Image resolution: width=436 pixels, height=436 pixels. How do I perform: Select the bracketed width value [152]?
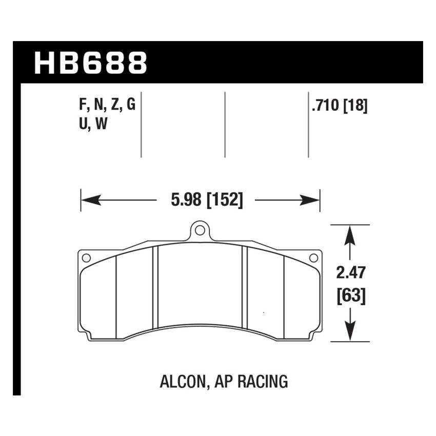pyautogui.click(x=224, y=200)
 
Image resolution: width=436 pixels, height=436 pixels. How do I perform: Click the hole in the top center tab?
pyautogui.click(x=200, y=230)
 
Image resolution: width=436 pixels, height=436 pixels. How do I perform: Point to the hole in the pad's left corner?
pyautogui.click(x=86, y=257)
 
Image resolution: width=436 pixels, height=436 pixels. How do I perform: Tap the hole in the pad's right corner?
pyautogui.click(x=313, y=257)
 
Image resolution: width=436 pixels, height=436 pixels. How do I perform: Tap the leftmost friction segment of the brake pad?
pyautogui.click(x=98, y=298)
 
